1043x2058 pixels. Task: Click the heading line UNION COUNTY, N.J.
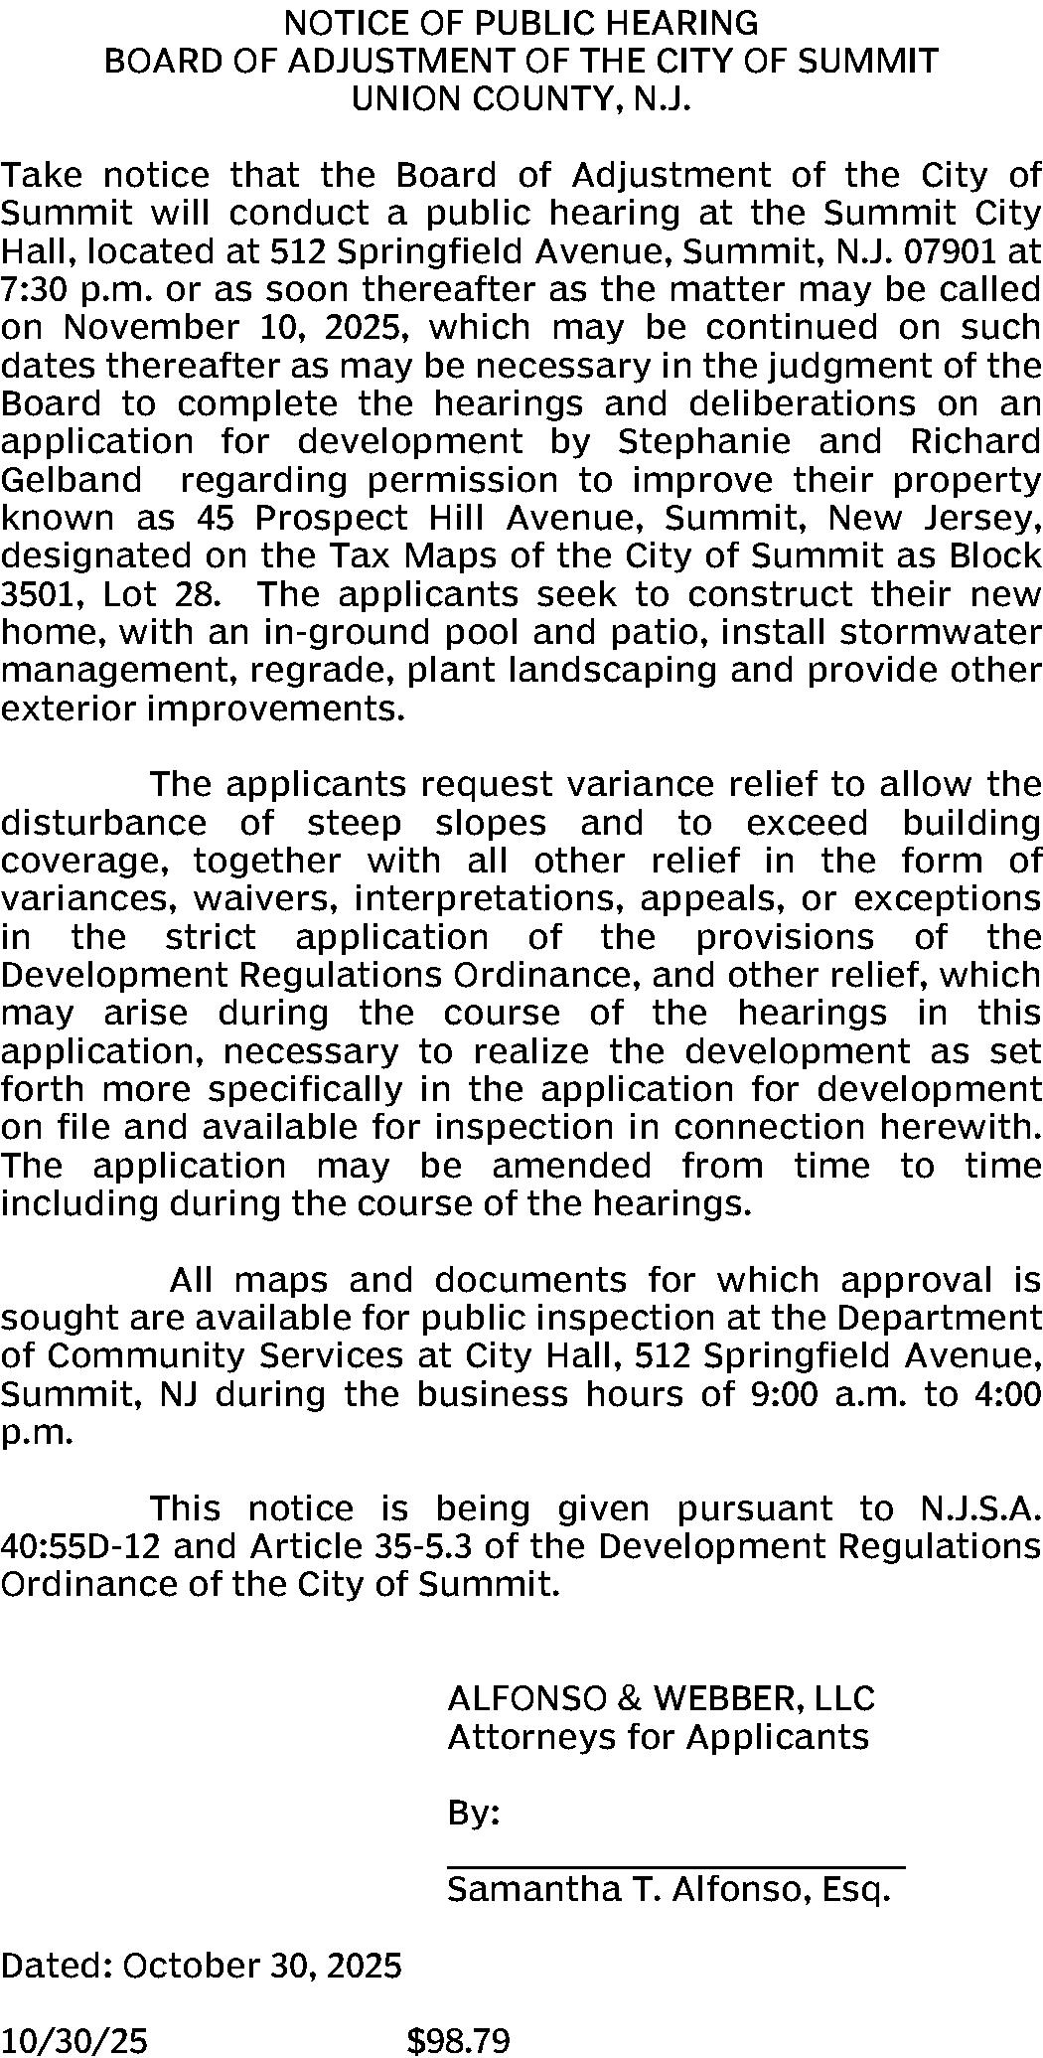(521, 100)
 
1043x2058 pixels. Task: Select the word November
(153, 328)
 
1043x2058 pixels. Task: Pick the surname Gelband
(72, 480)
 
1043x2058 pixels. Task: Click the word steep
(355, 824)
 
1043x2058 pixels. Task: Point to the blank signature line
(675, 1868)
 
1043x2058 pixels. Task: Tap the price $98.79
(458, 2041)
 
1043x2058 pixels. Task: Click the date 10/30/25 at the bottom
(74, 2041)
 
